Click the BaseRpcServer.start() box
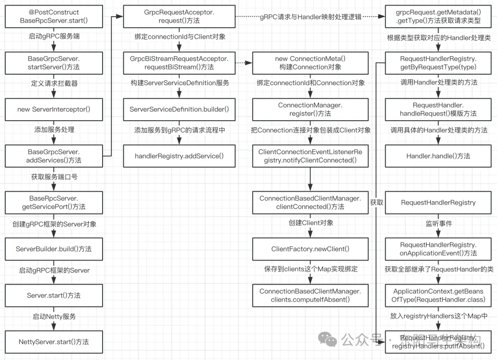coord(54,17)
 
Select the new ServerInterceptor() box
coord(54,109)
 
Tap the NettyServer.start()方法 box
coord(54,342)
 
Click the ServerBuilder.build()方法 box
coord(54,249)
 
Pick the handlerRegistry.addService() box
coord(179,156)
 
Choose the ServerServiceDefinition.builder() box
coord(179,109)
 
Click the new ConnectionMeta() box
coord(310,63)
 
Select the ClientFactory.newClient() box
coord(310,249)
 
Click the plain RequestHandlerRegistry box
coord(438,202)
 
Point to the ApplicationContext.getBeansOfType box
coord(438,295)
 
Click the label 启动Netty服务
coord(54,317)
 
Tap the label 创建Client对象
coord(310,223)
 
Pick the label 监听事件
coord(438,223)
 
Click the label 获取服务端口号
coord(54,177)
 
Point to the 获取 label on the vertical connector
coord(376,202)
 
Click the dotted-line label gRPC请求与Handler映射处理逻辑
coord(311,17)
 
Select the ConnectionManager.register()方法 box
coord(310,109)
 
